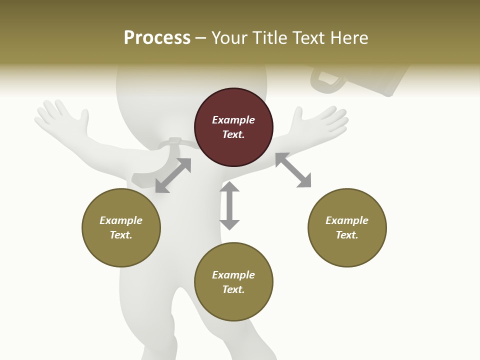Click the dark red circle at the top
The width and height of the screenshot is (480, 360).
click(233, 127)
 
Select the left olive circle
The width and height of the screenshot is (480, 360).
click(121, 227)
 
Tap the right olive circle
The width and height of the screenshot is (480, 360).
click(347, 227)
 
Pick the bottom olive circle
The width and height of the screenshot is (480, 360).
click(233, 282)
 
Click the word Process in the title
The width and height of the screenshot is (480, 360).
click(157, 37)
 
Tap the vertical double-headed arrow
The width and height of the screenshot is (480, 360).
click(229, 205)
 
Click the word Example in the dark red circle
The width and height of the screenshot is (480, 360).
click(233, 120)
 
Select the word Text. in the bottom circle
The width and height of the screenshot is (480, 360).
click(233, 289)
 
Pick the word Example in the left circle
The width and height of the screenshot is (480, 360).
click(121, 220)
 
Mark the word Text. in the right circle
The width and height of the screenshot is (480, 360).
click(347, 235)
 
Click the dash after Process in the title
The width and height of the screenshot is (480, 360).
click(201, 37)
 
